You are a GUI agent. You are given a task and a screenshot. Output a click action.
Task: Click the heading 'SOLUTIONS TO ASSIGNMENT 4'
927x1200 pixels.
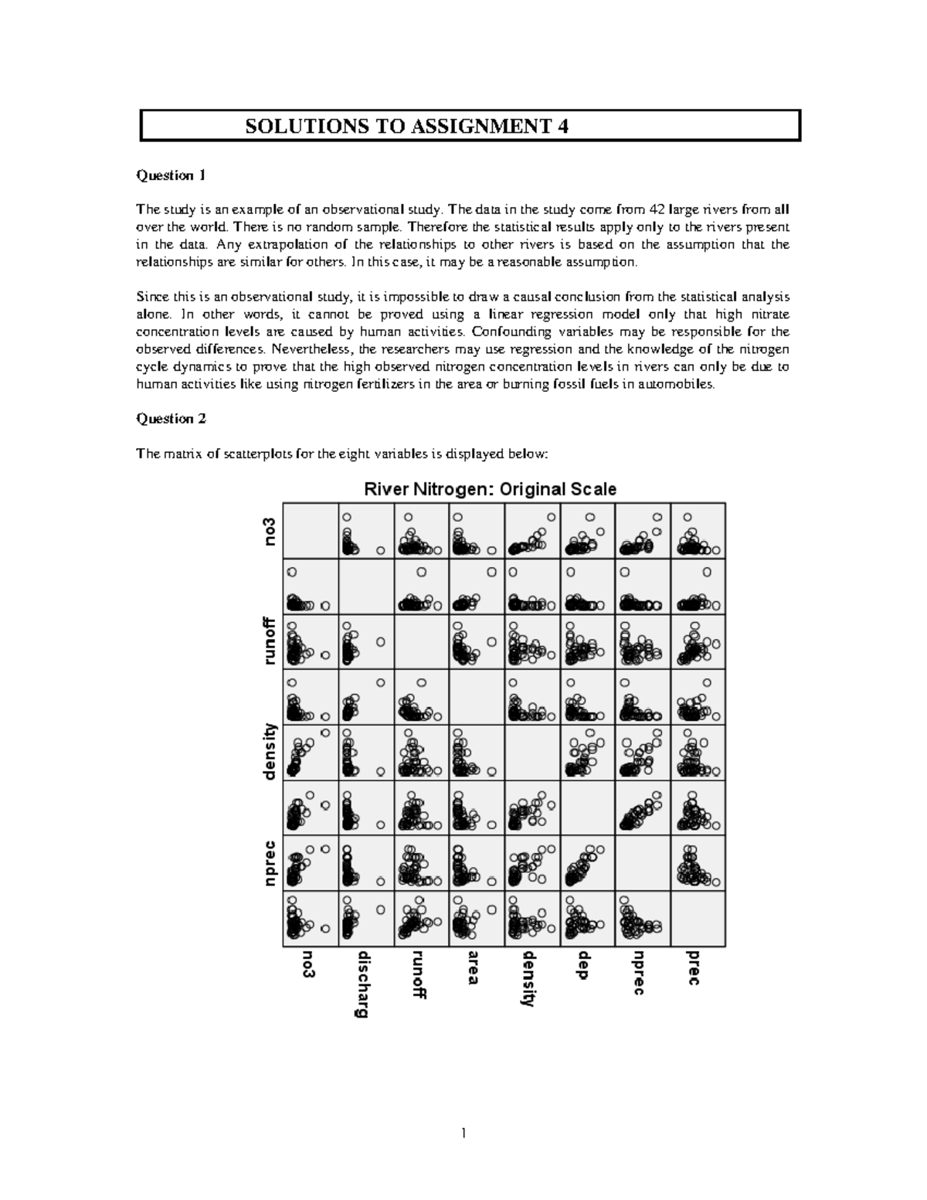[407, 127]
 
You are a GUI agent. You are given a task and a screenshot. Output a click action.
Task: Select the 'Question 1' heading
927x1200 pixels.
[171, 175]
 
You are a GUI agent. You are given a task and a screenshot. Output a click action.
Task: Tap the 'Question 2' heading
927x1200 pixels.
[171, 419]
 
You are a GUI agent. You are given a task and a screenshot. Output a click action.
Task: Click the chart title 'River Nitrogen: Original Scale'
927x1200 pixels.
[490, 489]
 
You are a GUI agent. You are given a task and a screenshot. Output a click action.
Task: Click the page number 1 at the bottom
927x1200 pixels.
[463, 1134]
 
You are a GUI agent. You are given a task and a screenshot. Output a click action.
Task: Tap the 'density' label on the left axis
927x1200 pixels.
[270, 751]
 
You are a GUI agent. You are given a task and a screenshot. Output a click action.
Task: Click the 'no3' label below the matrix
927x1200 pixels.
[309, 964]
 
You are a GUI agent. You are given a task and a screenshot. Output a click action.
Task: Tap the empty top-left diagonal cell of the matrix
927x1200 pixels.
[311, 531]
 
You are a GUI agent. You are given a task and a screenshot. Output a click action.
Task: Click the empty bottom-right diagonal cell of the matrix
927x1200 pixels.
[698, 919]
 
